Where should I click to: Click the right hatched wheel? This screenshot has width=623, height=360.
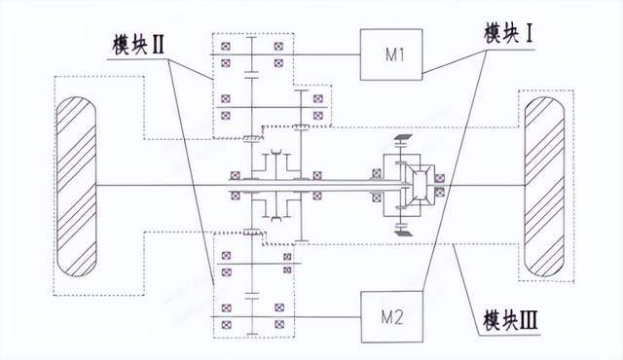(x=545, y=184)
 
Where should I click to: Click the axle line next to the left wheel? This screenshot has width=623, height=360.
(x=146, y=184)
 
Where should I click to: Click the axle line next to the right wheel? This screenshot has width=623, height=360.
(x=487, y=184)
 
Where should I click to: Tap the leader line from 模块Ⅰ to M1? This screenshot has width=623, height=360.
(x=453, y=57)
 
